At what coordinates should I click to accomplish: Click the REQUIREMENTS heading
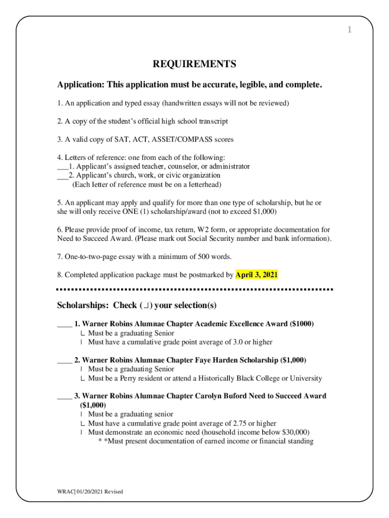tap(194, 64)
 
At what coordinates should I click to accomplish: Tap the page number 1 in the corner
tap(349, 30)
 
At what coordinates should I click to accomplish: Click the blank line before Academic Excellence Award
tap(64, 324)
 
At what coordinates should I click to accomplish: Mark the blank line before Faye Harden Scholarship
tap(64, 361)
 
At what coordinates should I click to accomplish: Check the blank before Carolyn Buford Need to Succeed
tap(64, 397)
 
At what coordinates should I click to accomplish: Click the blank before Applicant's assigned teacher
tap(62, 166)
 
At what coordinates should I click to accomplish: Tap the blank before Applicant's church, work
tap(62, 176)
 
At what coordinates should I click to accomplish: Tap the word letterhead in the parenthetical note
tap(204, 185)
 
